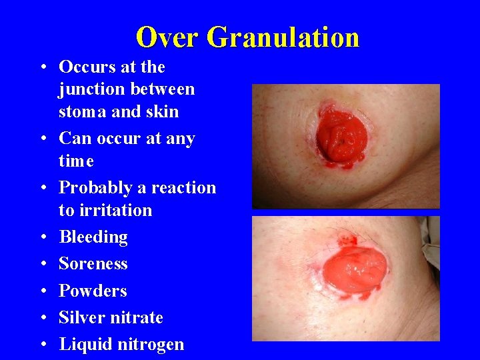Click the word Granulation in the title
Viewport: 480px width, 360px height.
coord(283,37)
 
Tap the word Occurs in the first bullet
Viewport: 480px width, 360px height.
coord(86,67)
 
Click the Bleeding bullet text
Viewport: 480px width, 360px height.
coord(93,237)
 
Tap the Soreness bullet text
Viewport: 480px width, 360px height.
coord(93,264)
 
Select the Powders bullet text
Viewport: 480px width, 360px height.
coord(93,291)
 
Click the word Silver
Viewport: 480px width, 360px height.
coord(80,317)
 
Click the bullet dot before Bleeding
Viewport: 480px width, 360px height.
coord(42,238)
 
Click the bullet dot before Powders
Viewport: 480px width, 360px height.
coord(42,291)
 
